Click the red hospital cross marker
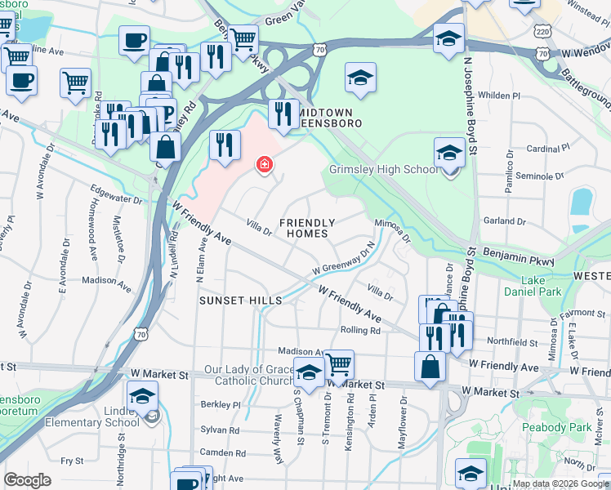coord(263,165)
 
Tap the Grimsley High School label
coord(384,170)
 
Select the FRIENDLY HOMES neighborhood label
coord(307,228)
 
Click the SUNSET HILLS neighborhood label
coord(241,301)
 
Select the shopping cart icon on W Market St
coord(338,363)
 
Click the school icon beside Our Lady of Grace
coord(308,372)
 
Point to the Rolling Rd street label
coord(360,331)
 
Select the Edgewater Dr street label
coord(121,198)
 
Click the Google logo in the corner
coord(28,480)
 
